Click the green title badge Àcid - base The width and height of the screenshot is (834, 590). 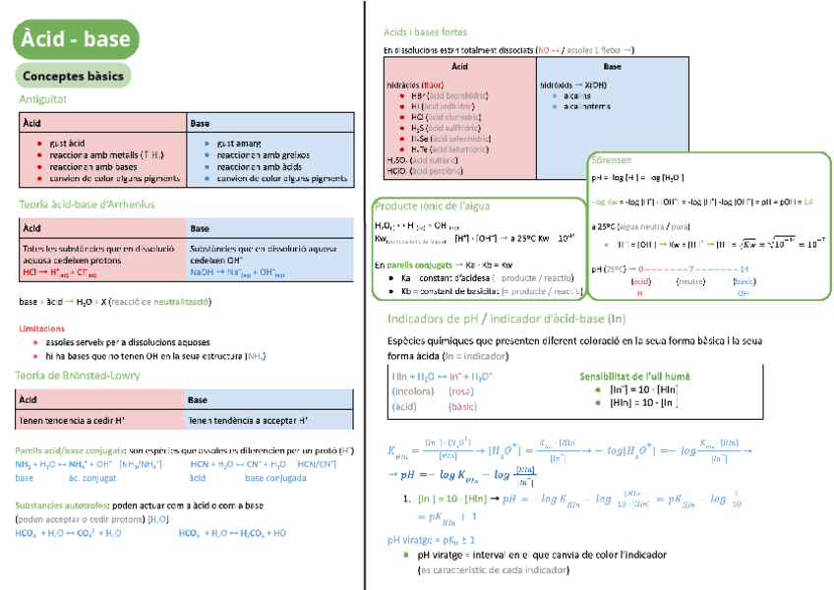76,39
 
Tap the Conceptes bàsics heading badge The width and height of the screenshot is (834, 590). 72,76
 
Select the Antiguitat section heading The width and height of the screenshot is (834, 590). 43,99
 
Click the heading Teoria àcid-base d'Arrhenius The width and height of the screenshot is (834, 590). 87,205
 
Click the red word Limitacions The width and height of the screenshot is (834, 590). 42,328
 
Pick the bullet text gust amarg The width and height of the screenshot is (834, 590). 239,143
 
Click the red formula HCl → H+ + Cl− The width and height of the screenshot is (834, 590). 59,272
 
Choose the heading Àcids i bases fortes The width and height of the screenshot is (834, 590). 426,32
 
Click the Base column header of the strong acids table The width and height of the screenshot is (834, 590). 612,67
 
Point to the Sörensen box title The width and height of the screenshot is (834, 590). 612,159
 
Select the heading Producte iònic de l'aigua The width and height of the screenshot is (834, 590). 432,206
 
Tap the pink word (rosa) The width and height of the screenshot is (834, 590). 461,391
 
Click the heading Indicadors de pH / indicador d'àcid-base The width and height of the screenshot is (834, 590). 506,319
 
